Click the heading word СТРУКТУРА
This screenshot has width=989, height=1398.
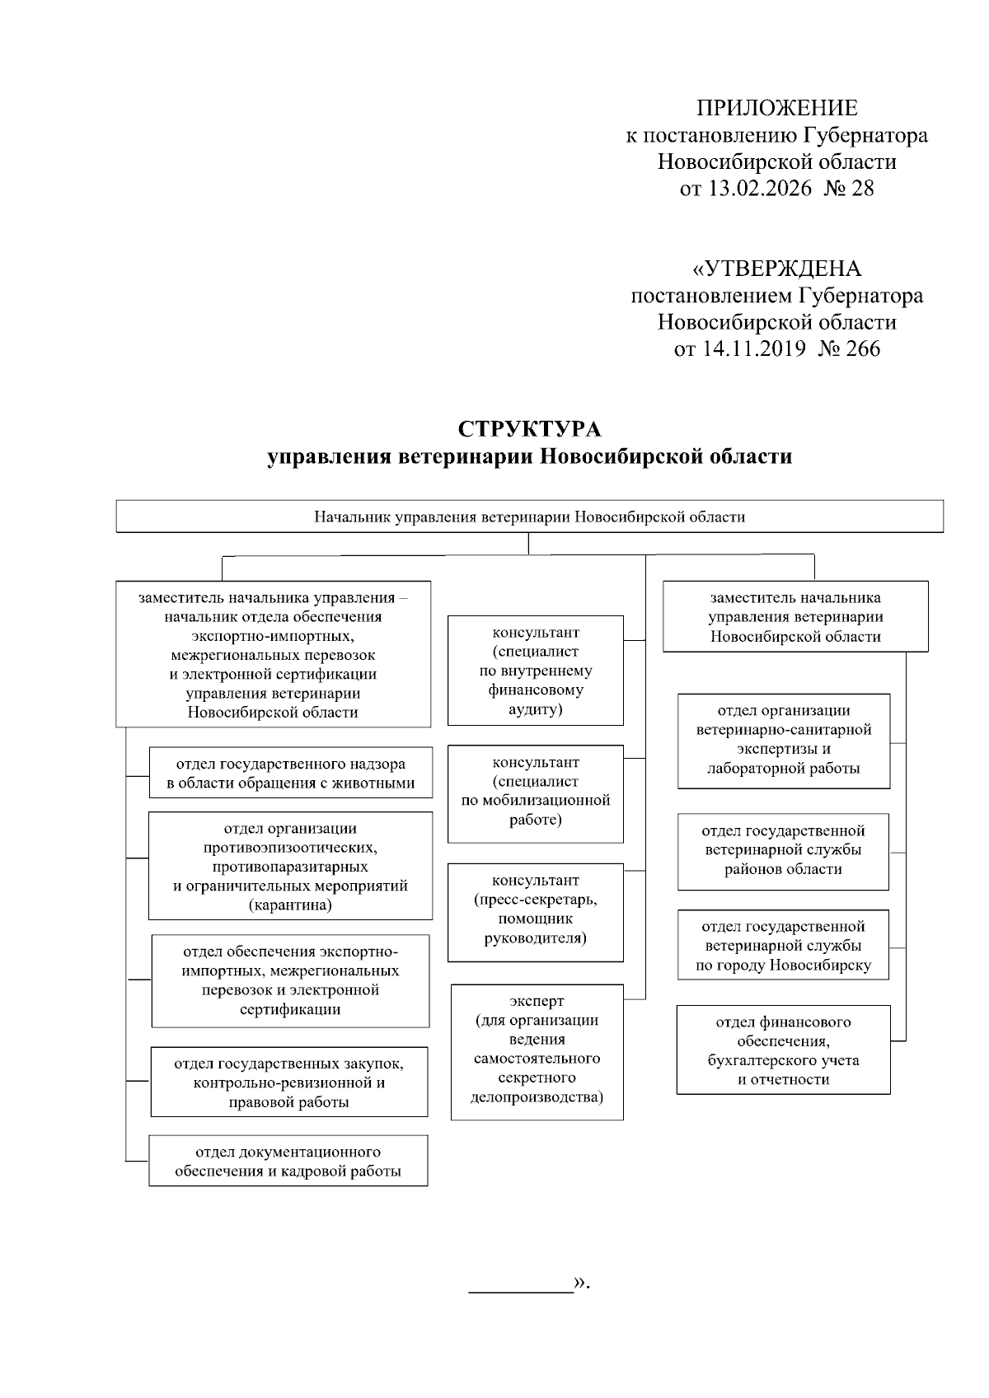529,429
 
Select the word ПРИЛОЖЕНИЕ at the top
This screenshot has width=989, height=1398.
776,108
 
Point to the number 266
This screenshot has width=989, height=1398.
862,348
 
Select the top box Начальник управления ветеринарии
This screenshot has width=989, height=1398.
529,517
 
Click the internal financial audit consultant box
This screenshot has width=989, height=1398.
535,671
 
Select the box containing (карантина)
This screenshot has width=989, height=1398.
290,867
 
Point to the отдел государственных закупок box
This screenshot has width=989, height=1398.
288,1082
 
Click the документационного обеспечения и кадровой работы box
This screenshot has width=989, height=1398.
288,1162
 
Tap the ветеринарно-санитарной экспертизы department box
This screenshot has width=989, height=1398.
783,740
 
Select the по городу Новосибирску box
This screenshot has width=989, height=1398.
783,946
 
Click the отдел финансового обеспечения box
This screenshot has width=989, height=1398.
783,1050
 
